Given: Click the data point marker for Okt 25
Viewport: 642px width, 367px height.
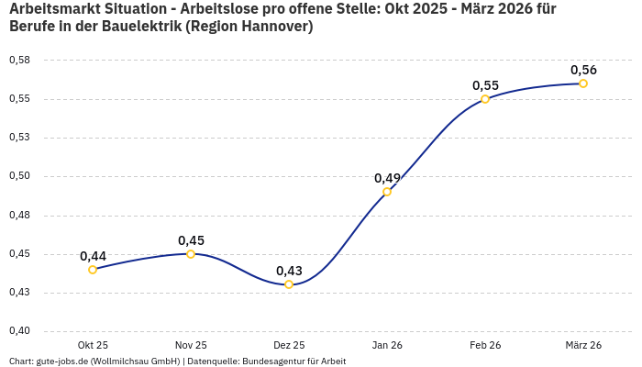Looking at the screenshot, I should pyautogui.click(x=93, y=270).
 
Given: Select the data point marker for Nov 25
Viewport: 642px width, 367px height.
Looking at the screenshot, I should pyautogui.click(x=191, y=254).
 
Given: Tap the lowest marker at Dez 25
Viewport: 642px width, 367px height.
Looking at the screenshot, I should pyautogui.click(x=289, y=284).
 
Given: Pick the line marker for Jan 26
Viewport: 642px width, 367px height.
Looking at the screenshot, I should pyautogui.click(x=387, y=192).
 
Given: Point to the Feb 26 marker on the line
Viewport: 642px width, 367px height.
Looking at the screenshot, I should pyautogui.click(x=485, y=99).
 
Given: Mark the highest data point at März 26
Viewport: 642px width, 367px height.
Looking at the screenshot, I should pyautogui.click(x=583, y=83).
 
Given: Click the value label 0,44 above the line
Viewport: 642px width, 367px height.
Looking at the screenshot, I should pyautogui.click(x=93, y=256).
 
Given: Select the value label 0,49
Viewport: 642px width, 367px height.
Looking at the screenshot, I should pyautogui.click(x=387, y=178).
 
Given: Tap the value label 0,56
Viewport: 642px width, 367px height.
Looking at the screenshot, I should pyautogui.click(x=583, y=70).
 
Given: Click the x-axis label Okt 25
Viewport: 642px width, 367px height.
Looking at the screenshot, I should pyautogui.click(x=93, y=345).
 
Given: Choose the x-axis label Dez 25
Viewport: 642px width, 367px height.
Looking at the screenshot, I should pyautogui.click(x=289, y=345).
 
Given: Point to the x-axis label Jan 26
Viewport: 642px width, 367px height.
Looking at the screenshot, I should pyautogui.click(x=387, y=345).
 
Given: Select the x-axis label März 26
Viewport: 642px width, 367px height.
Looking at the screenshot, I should pyautogui.click(x=583, y=345).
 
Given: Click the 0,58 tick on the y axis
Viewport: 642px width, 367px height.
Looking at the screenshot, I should pyautogui.click(x=19, y=60).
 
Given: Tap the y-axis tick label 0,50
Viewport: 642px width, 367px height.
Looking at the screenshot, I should pyautogui.click(x=19, y=176).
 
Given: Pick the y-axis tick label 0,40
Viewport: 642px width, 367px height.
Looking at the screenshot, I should pyautogui.click(x=19, y=331).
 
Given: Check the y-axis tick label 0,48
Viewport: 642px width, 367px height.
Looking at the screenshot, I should pyautogui.click(x=19, y=215).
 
